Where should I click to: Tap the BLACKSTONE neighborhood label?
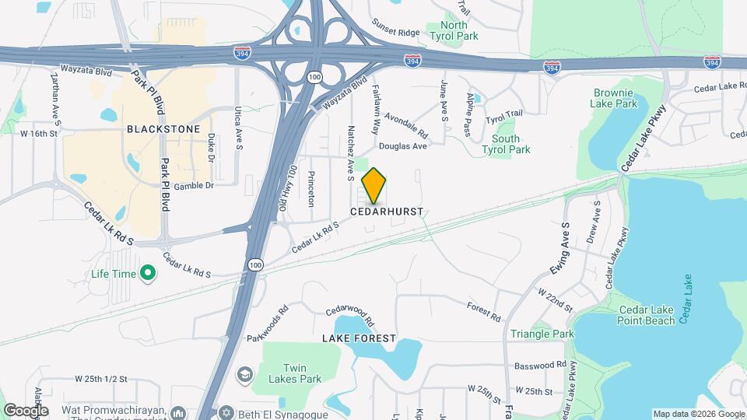point(163,129)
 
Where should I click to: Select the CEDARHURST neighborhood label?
point(387,212)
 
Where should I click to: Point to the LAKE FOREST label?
point(359,339)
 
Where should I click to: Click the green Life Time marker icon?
point(148,273)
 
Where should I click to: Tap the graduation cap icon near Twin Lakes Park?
point(245,376)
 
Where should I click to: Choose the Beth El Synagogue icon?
point(226,412)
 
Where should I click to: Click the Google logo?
point(26,410)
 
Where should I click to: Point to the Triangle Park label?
point(542,334)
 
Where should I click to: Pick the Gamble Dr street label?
point(193,186)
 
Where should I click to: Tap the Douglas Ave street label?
point(403,145)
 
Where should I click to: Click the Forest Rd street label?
point(484,312)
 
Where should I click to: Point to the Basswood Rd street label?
point(540,365)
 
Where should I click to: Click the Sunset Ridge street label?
point(397,33)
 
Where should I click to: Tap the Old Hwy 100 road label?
point(289,190)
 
